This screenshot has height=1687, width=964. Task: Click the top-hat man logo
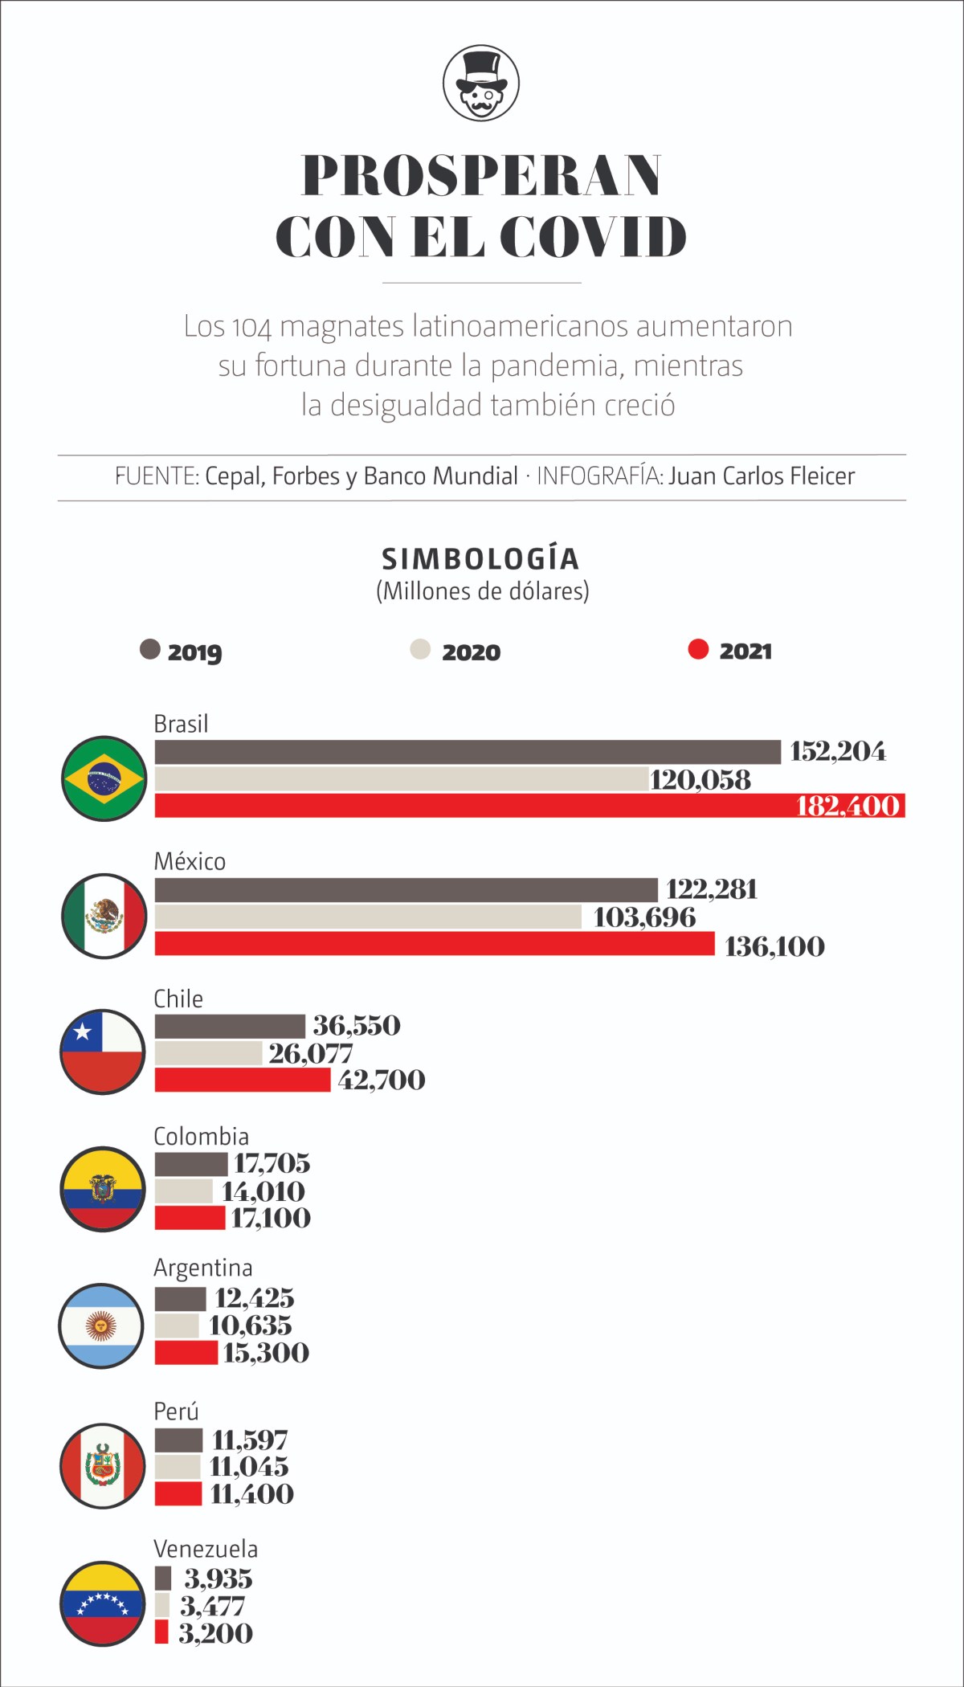tap(481, 83)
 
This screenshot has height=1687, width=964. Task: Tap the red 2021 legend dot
tap(698, 649)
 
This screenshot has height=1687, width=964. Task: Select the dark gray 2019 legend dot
tap(150, 649)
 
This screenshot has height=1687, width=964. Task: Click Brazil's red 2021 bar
tap(474, 806)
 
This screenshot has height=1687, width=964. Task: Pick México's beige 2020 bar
tap(368, 917)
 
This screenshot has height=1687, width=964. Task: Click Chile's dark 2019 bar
tap(230, 1026)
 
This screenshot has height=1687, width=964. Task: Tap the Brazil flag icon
tap(104, 778)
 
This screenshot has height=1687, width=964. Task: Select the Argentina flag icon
tap(101, 1325)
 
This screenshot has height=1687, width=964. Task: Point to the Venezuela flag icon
tap(103, 1603)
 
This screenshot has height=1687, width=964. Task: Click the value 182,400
tap(848, 806)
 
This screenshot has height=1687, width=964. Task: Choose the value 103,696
tap(644, 917)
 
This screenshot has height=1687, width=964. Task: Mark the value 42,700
tap(382, 1080)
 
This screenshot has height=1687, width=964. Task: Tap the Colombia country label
tap(201, 1136)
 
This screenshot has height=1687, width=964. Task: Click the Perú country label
tap(176, 1411)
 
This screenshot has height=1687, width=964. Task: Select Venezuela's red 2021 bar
tap(161, 1632)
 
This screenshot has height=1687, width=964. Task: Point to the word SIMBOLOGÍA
tap(480, 559)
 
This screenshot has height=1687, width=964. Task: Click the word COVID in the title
tap(593, 237)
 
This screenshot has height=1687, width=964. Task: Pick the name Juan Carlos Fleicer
tap(762, 476)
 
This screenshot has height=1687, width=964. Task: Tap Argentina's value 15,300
tap(266, 1353)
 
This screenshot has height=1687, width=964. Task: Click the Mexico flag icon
tap(104, 916)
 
